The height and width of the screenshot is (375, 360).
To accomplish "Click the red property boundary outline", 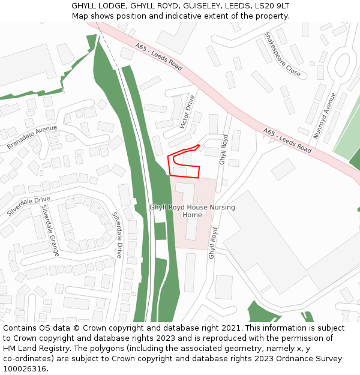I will pos(199,171).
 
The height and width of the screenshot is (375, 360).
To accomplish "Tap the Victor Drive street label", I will pos(187,112).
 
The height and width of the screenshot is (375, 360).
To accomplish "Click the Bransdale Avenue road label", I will pos(32,137).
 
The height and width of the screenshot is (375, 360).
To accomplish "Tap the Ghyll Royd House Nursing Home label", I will pos(192,211).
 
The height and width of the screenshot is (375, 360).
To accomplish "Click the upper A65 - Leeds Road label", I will pos(158,57).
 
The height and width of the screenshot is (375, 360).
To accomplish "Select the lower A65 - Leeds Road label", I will pos(287,140).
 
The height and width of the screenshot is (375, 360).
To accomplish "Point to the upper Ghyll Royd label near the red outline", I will pos(223,149).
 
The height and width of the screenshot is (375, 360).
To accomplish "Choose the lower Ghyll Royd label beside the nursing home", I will pos(212,243).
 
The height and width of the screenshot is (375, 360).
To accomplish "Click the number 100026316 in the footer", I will pos(24,368).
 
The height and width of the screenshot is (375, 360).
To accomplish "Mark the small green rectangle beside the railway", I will pos(160,231).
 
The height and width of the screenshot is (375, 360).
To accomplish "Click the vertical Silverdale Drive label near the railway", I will pos(118,235).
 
